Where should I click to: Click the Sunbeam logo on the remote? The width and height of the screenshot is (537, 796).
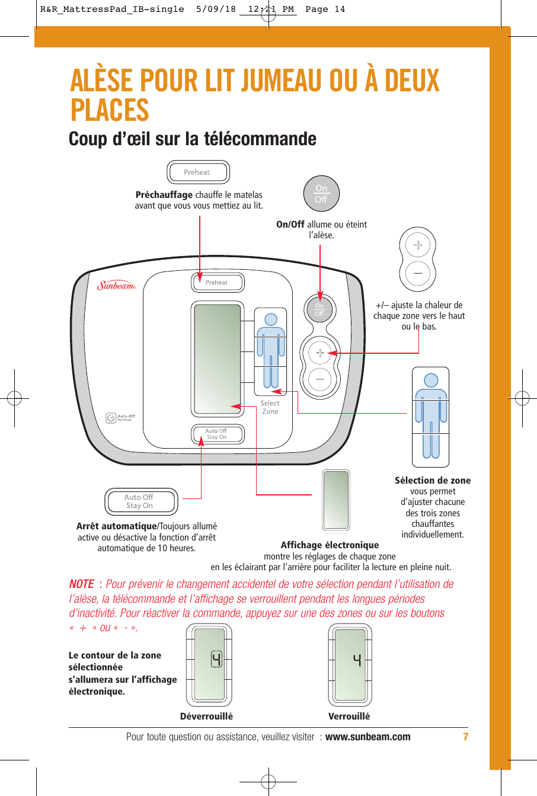pyautogui.click(x=116, y=286)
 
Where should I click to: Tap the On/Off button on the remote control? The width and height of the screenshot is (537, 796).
pyautogui.click(x=319, y=309)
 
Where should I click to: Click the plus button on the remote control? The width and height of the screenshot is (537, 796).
pyautogui.click(x=319, y=353)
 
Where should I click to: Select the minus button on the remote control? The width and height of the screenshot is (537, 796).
pyautogui.click(x=319, y=378)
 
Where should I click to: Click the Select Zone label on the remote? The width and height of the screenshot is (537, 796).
pyautogui.click(x=270, y=407)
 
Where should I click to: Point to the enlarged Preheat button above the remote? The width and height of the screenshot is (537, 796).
pyautogui.click(x=197, y=172)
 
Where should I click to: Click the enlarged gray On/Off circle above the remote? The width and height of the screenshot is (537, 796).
pyautogui.click(x=321, y=194)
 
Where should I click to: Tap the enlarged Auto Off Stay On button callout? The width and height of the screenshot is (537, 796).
pyautogui.click(x=140, y=501)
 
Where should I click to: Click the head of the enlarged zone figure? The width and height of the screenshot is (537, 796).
pyautogui.click(x=431, y=380)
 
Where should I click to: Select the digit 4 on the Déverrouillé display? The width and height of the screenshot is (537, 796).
pyautogui.click(x=217, y=659)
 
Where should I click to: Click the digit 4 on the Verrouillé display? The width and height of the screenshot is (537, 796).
pyautogui.click(x=357, y=659)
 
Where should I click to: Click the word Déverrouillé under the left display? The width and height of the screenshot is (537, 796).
pyautogui.click(x=206, y=716)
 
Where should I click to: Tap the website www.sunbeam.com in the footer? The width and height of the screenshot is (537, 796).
pyautogui.click(x=367, y=737)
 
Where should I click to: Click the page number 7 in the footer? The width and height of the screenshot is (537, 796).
pyautogui.click(x=465, y=737)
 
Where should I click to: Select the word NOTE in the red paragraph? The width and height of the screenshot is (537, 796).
pyautogui.click(x=82, y=584)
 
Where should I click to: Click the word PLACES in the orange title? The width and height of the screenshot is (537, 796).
pyautogui.click(x=110, y=110)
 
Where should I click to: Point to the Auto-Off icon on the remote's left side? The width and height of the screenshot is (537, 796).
pyautogui.click(x=111, y=418)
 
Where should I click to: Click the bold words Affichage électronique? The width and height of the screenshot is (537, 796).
pyautogui.click(x=330, y=545)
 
